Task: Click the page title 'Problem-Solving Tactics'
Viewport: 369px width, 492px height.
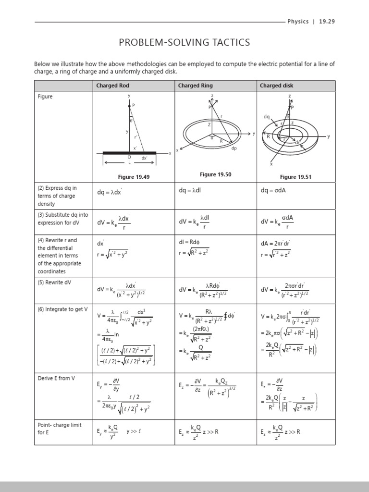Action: point(184,43)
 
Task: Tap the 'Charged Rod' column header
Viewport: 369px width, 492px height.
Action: point(112,86)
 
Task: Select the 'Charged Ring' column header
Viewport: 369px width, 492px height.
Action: point(195,86)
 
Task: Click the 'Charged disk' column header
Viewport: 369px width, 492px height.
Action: point(276,86)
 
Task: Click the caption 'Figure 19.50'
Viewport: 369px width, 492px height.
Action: point(215,174)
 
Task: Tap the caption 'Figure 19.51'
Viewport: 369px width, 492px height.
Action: point(295,177)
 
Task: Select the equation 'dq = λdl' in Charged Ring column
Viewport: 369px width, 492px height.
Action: point(191,191)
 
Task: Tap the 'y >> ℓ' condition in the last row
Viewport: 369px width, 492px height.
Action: point(133,431)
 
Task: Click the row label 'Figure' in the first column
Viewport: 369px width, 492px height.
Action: point(45,97)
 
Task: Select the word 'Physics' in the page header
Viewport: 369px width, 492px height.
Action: point(298,22)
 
